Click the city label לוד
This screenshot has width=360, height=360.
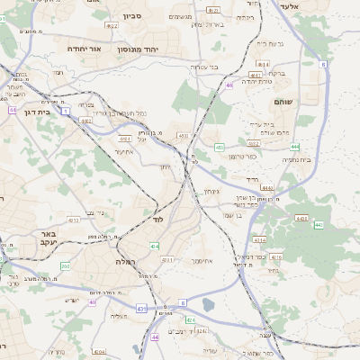coord(157,220)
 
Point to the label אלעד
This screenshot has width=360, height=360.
coord(313,6)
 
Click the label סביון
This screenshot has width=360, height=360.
coord(132,16)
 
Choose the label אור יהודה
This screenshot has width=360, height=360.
coord(84,49)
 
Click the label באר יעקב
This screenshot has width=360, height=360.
coord(47,238)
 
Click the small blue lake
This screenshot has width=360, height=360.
coord(209,304)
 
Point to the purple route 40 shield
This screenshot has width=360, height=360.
coord(92,302)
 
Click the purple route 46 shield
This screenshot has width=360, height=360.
coord(229,85)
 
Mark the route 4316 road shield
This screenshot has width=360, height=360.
coord(276,257)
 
